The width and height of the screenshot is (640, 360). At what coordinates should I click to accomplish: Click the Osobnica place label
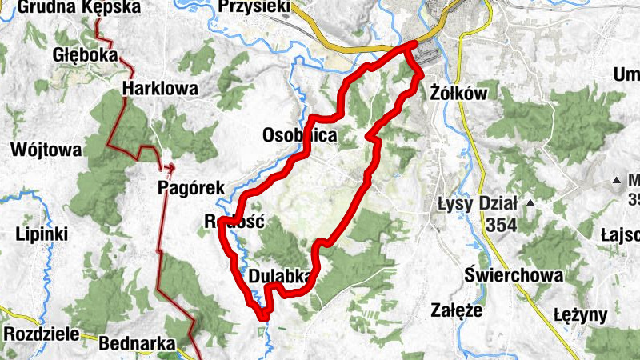coord(300,136)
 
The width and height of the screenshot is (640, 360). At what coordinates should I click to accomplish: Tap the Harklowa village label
coord(160,89)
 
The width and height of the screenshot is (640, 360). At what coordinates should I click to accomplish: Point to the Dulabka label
coord(279,276)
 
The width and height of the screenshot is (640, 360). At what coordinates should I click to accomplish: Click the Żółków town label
coord(458,93)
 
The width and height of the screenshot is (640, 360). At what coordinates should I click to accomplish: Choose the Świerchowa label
coord(514,276)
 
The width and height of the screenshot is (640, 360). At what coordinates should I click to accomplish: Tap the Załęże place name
coord(456,310)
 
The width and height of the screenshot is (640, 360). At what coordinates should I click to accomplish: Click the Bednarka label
coord(137,344)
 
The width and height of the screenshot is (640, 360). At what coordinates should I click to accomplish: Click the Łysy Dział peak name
coord(478,203)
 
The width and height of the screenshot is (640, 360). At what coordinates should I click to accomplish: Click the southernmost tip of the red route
coord(263,318)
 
